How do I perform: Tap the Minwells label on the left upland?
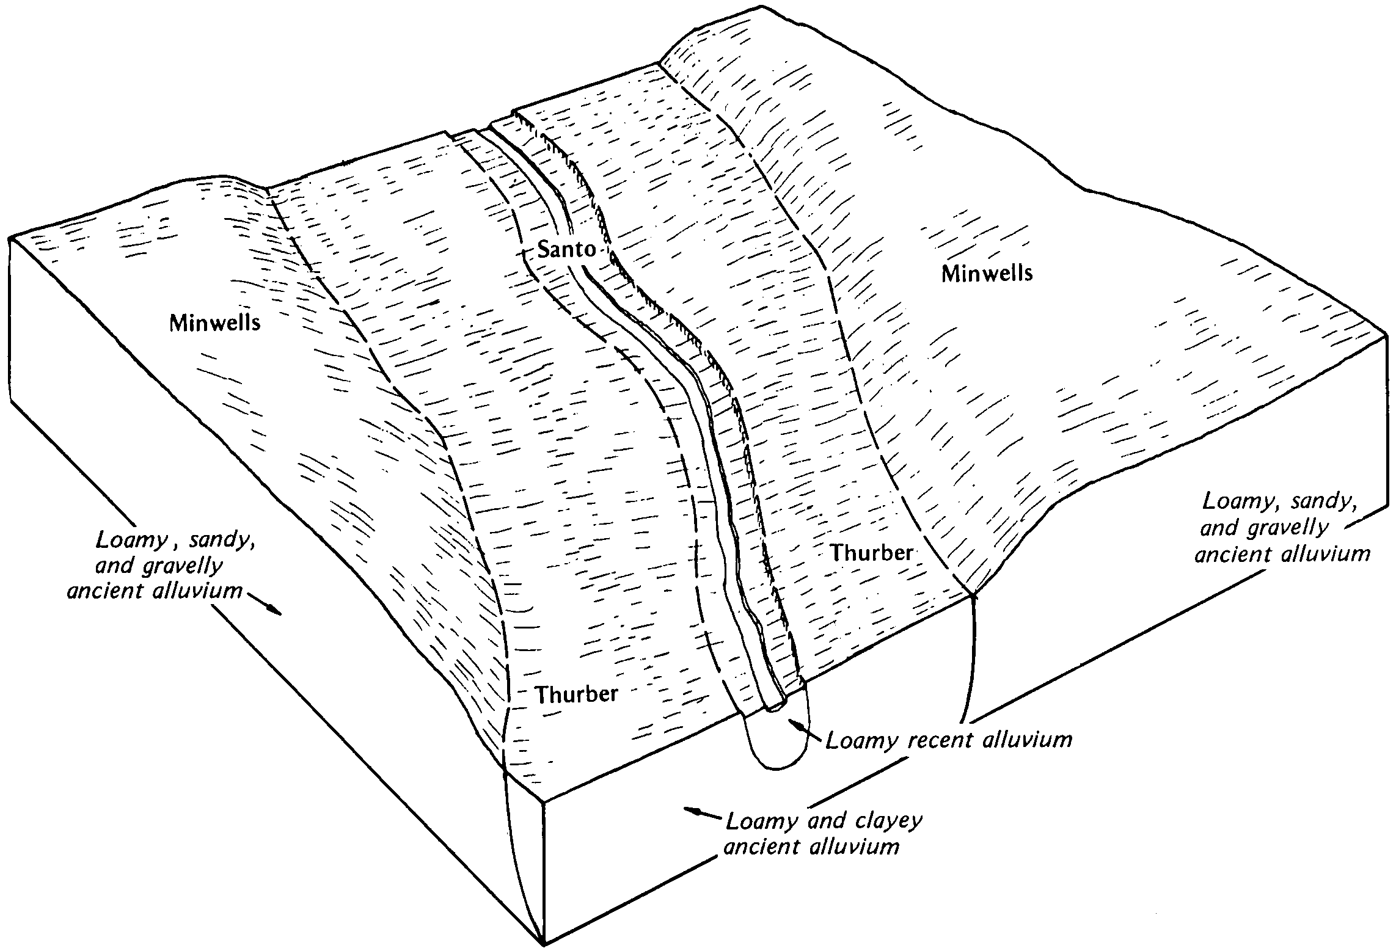214,322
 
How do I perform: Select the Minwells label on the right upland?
987,274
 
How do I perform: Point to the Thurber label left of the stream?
577,694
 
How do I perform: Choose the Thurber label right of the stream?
872,553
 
